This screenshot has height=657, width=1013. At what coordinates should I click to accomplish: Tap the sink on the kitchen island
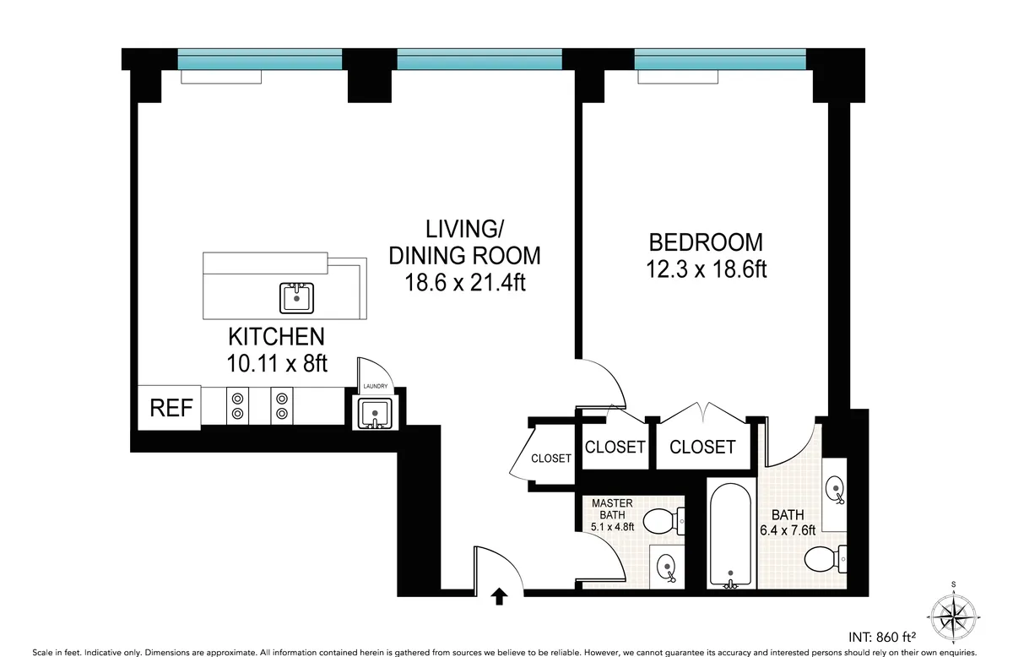(296, 297)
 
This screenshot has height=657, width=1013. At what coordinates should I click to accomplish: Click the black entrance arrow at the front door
(499, 598)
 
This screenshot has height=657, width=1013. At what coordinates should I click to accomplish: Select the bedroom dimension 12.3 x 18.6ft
(706, 269)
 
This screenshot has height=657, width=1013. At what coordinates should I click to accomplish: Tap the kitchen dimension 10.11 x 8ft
(276, 364)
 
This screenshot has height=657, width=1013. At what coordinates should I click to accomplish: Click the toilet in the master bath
(664, 520)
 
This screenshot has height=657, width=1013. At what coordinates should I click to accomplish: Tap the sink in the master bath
(667, 566)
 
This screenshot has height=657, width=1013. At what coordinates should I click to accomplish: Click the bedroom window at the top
(720, 61)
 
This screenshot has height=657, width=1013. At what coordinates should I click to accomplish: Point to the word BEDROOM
(705, 242)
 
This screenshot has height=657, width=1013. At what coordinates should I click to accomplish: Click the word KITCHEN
(276, 337)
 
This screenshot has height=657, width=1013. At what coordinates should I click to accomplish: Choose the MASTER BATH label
(612, 509)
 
